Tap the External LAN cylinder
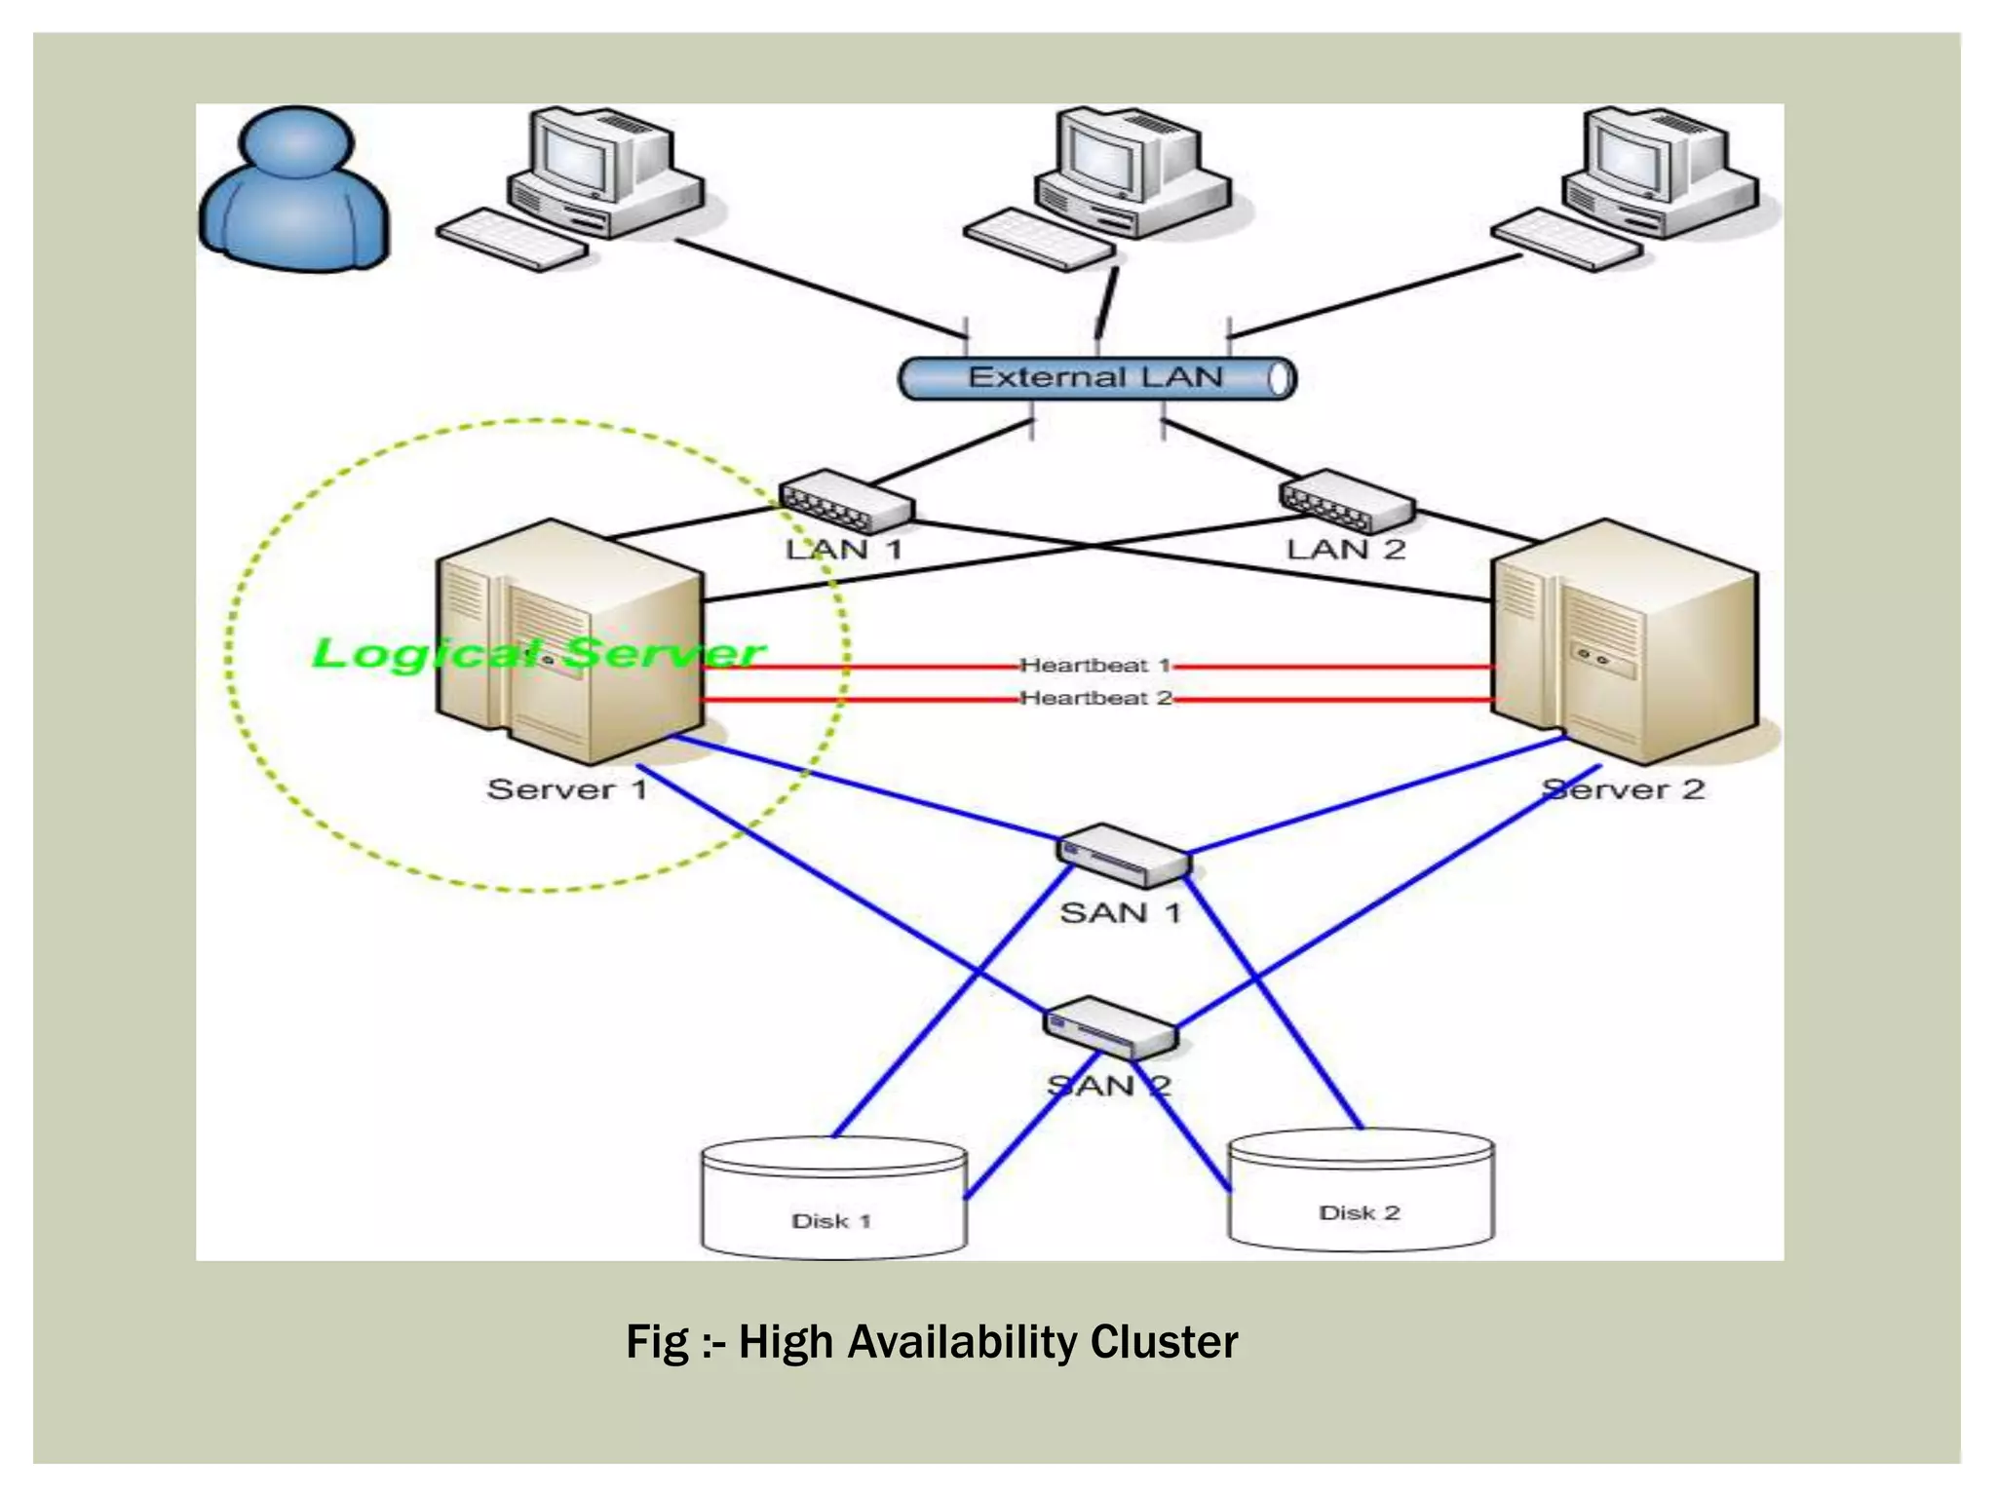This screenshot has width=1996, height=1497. click(1095, 378)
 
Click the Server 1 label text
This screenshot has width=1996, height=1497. click(567, 788)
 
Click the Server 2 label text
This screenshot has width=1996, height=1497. click(1624, 788)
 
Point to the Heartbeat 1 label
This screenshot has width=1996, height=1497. click(1094, 666)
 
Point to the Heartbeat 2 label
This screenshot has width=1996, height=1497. click(1094, 698)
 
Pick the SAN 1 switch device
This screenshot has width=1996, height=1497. click(1123, 856)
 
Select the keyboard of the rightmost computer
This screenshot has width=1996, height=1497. click(1566, 240)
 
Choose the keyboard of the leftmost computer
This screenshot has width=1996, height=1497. click(512, 239)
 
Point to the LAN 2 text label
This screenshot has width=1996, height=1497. click(1346, 549)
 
